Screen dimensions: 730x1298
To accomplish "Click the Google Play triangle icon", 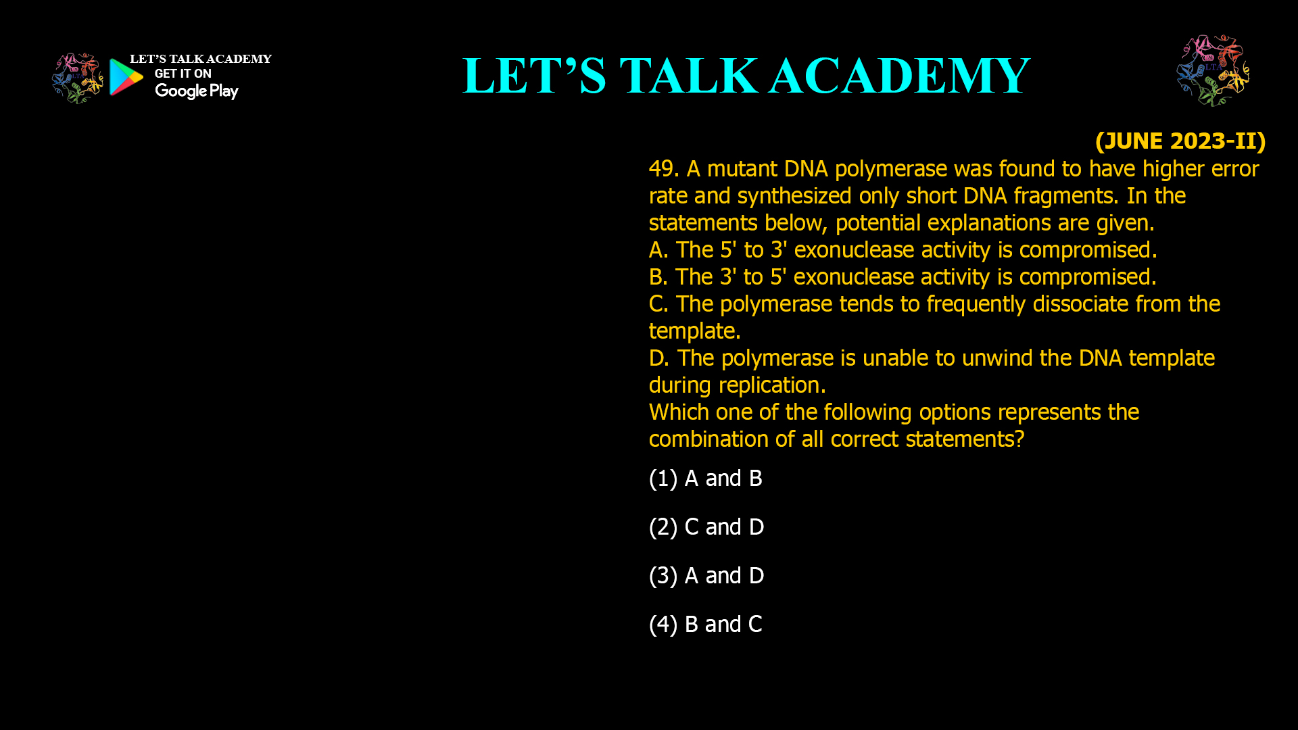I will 126,76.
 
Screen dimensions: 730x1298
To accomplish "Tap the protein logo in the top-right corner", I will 1213,70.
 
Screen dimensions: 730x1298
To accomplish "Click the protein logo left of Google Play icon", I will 77,78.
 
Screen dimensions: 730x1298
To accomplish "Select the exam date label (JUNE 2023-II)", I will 1180,141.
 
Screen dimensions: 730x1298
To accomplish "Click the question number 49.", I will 663,169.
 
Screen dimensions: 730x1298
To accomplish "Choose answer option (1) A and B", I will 705,479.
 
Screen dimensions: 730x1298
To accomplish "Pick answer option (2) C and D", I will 706,527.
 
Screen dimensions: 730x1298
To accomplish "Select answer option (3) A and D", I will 706,576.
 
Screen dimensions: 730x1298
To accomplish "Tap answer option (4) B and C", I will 705,625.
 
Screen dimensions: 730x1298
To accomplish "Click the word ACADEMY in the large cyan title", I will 899,76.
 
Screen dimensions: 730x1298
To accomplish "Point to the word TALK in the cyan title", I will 688,76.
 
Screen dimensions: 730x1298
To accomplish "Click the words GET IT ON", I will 183,74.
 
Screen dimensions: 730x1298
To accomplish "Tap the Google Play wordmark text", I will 196,91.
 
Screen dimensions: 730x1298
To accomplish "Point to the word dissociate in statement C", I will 1080,304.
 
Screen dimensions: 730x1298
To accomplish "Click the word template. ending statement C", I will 694,331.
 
